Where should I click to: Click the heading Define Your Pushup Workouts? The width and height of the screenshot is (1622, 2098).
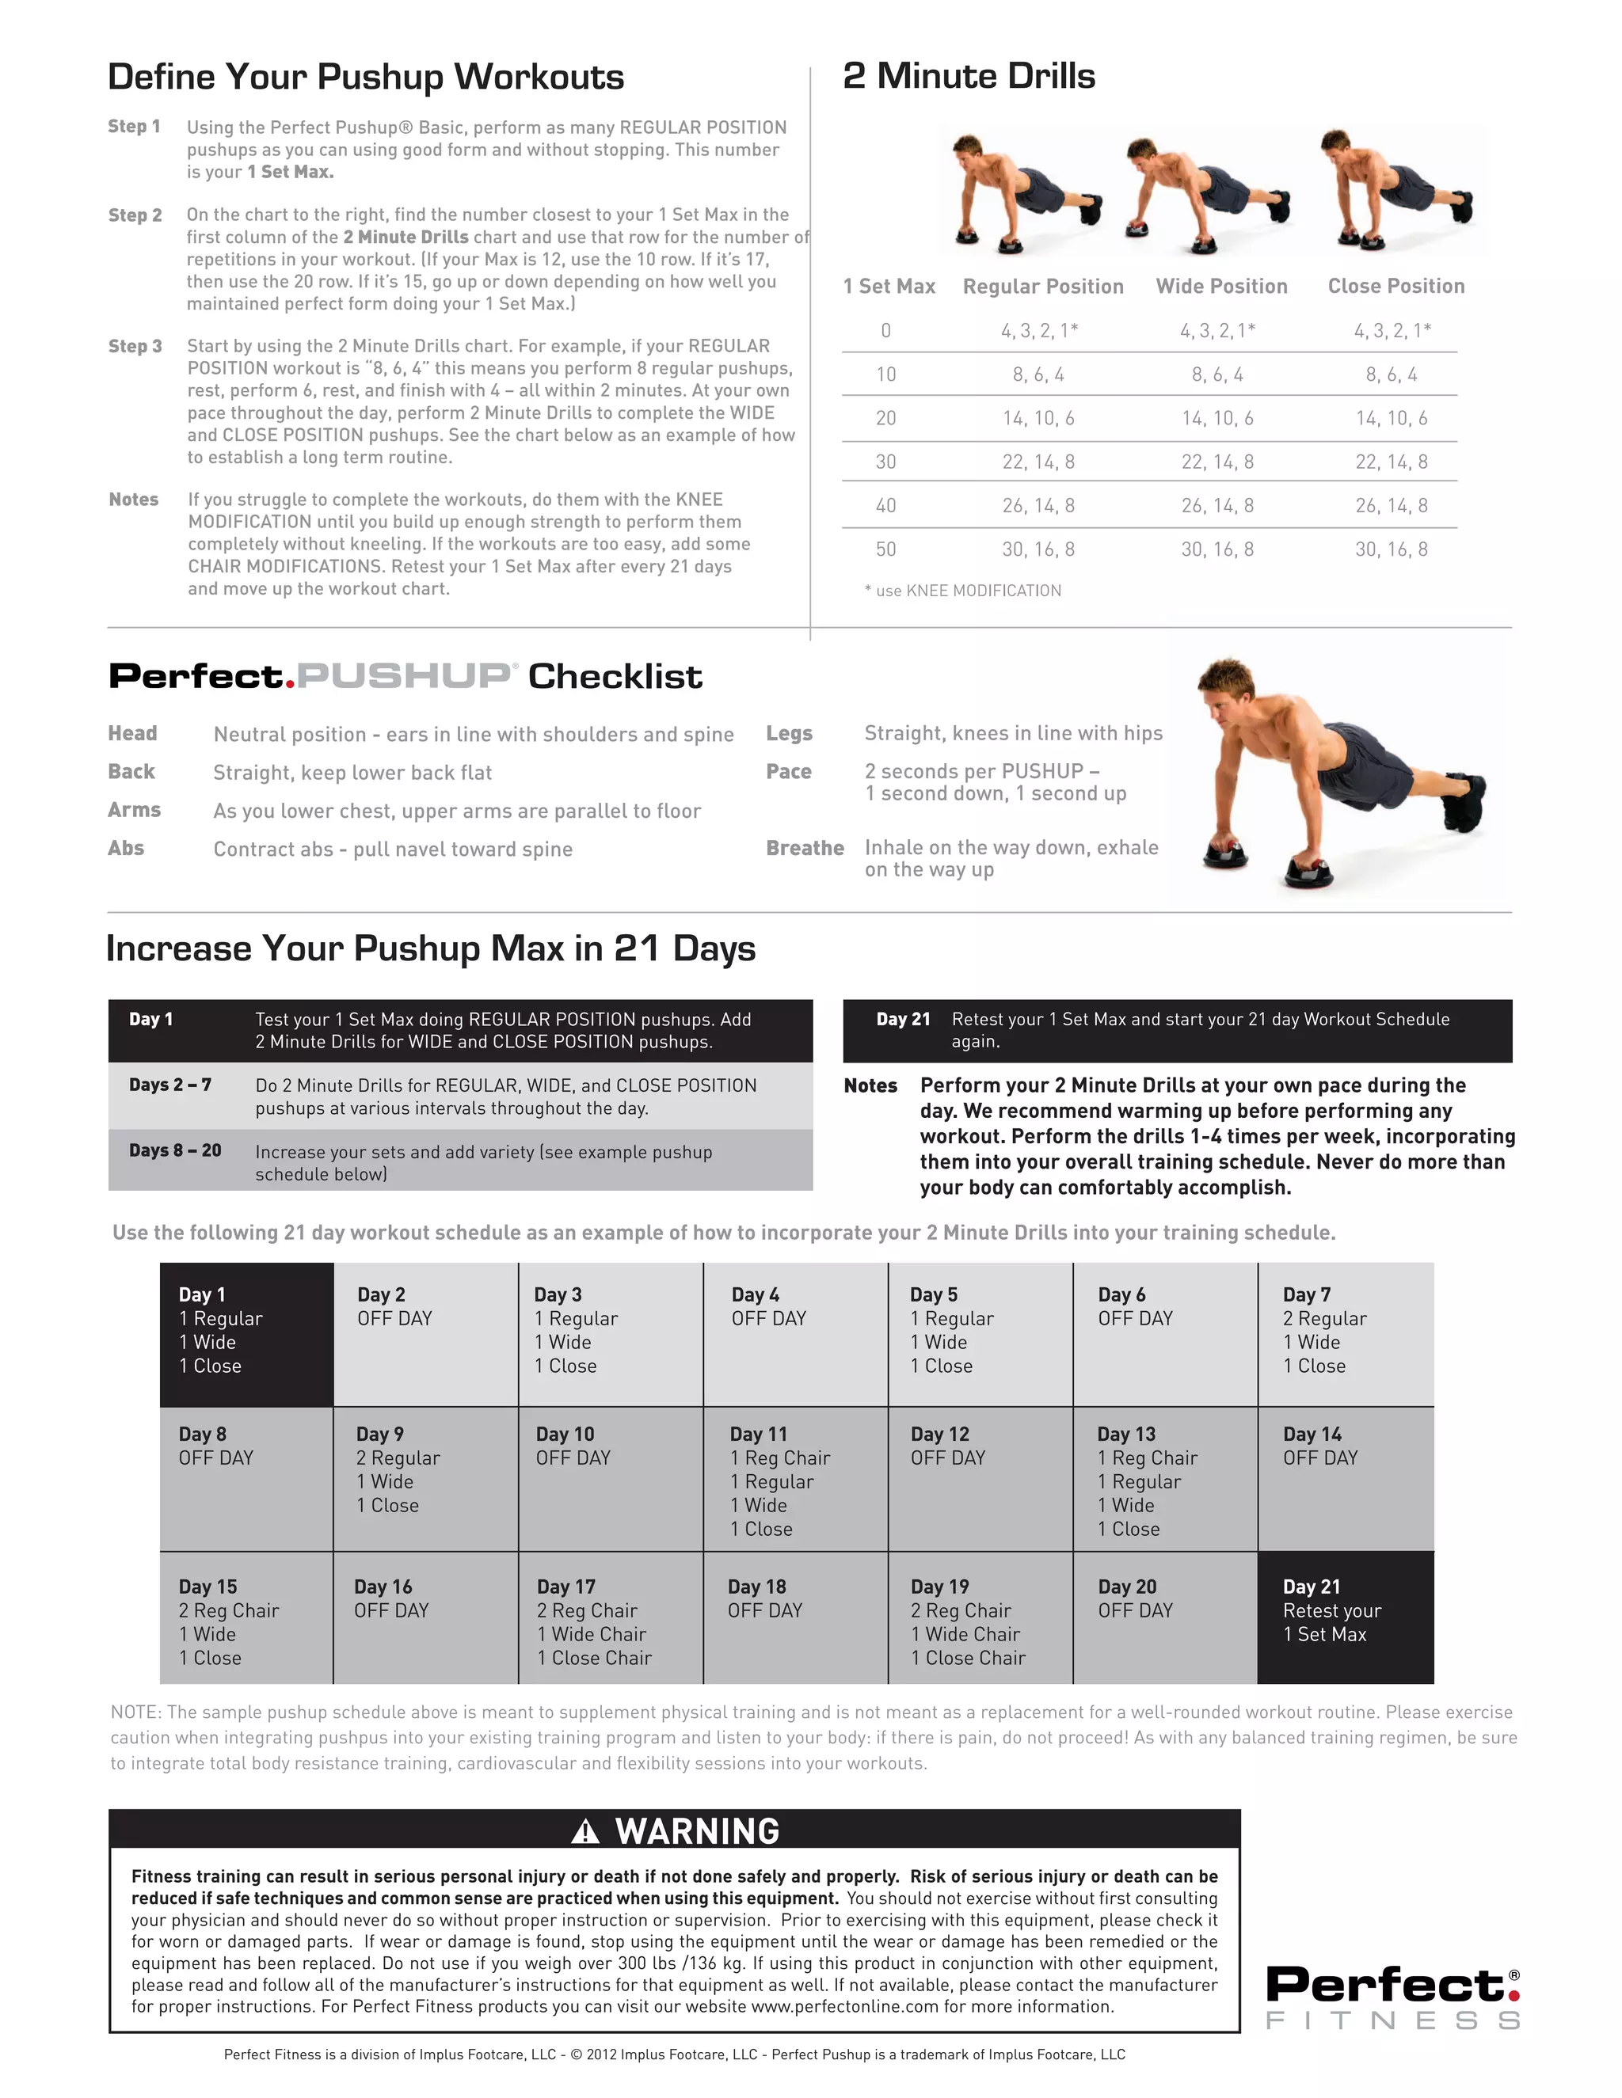coord(365,77)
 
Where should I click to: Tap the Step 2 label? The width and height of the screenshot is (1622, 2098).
coord(135,215)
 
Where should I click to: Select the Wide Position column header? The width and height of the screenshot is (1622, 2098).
coord(1221,287)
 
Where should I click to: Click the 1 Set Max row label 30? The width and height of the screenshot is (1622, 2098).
coord(885,462)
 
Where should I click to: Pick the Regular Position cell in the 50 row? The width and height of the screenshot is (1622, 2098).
coord(1038,549)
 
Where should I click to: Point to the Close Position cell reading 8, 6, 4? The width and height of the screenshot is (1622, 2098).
coord(1391,374)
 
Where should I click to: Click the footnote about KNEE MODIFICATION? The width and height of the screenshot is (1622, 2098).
coord(963,591)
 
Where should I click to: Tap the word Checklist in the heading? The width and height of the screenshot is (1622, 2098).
coord(615,676)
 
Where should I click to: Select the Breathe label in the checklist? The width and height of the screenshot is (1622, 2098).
coord(805,848)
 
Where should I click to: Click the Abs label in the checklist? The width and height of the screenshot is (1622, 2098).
coord(126,848)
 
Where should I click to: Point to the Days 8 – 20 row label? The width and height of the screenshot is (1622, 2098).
coord(175,1151)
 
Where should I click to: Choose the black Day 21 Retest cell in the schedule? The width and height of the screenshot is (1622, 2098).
coord(1344,1616)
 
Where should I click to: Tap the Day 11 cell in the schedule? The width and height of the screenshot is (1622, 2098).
coord(794,1480)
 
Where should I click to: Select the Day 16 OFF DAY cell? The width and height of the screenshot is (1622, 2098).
coord(425,1616)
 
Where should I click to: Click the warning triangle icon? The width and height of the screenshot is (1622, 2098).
coord(584,1834)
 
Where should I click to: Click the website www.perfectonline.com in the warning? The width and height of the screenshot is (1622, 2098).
coord(843,2007)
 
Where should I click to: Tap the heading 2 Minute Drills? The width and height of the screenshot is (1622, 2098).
coord(969,76)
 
